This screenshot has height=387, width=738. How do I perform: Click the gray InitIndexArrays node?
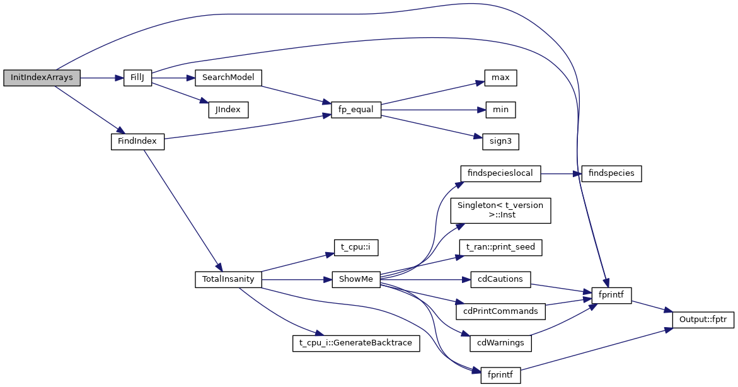click(x=42, y=78)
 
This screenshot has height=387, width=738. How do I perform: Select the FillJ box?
click(x=137, y=78)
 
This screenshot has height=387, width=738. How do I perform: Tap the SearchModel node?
click(x=228, y=78)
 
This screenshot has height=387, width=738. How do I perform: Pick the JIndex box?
click(x=228, y=110)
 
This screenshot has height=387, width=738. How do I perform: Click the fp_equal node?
click(x=356, y=110)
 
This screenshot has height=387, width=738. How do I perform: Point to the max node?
click(x=500, y=78)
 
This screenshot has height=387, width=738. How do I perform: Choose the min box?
click(x=500, y=110)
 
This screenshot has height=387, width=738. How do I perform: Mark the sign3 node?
click(x=500, y=142)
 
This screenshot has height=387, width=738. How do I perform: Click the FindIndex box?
click(x=137, y=142)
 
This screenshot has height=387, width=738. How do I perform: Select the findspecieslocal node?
click(x=501, y=173)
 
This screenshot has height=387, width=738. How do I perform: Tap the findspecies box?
click(x=611, y=173)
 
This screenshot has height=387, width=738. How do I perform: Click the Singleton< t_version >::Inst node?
click(x=501, y=210)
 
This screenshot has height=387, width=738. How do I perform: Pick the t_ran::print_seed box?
click(x=501, y=247)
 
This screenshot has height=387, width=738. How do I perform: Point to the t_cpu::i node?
click(x=356, y=247)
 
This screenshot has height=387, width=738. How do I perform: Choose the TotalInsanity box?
click(x=228, y=279)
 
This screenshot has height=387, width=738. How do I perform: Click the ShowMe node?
click(x=356, y=279)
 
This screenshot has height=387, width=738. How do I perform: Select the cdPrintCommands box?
click(x=501, y=311)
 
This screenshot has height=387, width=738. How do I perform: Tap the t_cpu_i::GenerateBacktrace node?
click(x=356, y=343)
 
